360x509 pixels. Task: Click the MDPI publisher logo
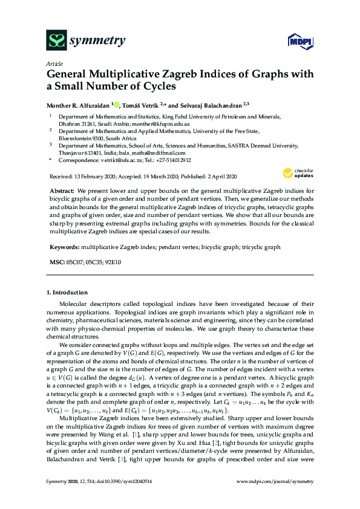(294, 42)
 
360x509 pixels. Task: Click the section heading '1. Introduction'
(66, 293)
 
